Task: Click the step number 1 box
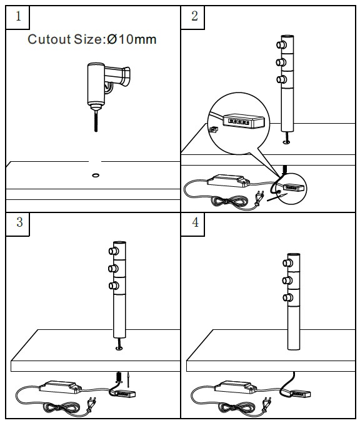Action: [17, 17]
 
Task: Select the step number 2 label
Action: [194, 16]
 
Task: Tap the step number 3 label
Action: [19, 222]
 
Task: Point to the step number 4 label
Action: [195, 222]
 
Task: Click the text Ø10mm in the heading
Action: [132, 39]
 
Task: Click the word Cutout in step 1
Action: [49, 39]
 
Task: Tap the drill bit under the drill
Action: [96, 121]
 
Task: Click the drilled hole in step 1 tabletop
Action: [96, 176]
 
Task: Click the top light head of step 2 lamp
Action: [281, 45]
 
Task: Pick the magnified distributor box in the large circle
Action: [244, 121]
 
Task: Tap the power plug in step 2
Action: [259, 197]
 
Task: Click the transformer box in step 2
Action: [228, 181]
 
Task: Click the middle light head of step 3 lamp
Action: [113, 269]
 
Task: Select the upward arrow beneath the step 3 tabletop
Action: [129, 379]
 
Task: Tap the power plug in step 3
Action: [92, 404]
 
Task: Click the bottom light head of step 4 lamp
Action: [287, 297]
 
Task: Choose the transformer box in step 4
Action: [236, 387]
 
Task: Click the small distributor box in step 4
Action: [301, 394]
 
